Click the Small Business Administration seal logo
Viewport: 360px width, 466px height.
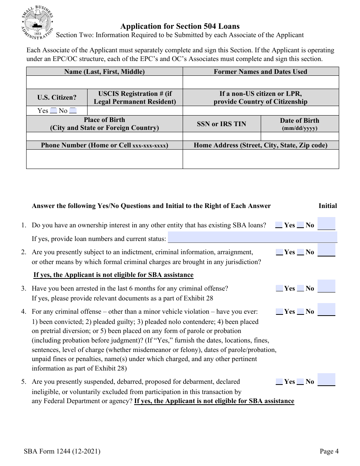click(37, 23)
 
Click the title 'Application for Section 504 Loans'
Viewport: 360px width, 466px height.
click(180, 26)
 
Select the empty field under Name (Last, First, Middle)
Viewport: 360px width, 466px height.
click(104, 82)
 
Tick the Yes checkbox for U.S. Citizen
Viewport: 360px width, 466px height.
click(53, 111)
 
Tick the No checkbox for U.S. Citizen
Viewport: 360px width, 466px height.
click(73, 111)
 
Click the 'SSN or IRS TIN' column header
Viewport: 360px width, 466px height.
click(221, 124)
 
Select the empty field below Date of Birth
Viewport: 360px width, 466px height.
click(299, 136)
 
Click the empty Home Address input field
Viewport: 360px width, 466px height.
click(260, 159)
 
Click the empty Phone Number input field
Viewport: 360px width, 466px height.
click(104, 159)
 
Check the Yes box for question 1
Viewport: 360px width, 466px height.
click(279, 225)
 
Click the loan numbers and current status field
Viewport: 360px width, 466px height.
click(252, 238)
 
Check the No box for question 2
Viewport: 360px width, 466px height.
click(300, 252)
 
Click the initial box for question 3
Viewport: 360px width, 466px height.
click(326, 286)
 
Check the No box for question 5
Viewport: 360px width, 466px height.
click(300, 382)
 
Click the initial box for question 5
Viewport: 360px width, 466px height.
click(326, 380)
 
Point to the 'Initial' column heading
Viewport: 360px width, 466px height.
click(327, 206)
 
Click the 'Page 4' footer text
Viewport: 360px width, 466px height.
click(329, 451)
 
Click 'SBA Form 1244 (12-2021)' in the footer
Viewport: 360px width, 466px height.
click(62, 451)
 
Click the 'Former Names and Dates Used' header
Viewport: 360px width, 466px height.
click(260, 72)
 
